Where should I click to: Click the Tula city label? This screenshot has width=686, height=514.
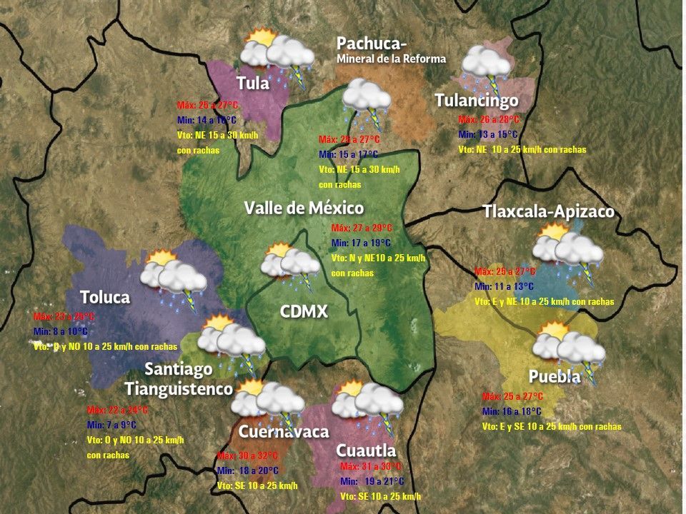tap(253, 83)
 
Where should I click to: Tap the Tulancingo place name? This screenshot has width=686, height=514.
tap(476, 100)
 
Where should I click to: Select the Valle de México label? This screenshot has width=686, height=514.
tap(304, 208)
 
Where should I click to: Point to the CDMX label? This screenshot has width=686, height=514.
tap(304, 311)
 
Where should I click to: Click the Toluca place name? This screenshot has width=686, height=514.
tap(104, 296)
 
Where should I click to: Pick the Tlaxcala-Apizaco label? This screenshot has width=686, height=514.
tap(548, 211)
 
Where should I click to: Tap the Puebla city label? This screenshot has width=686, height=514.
tap(554, 376)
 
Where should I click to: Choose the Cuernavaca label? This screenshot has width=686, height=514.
tap(283, 431)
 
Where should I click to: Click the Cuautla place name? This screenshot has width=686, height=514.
tap(365, 450)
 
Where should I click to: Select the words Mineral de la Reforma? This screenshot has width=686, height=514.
tap(391, 59)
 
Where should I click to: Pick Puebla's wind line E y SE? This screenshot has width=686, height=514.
tap(551, 427)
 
